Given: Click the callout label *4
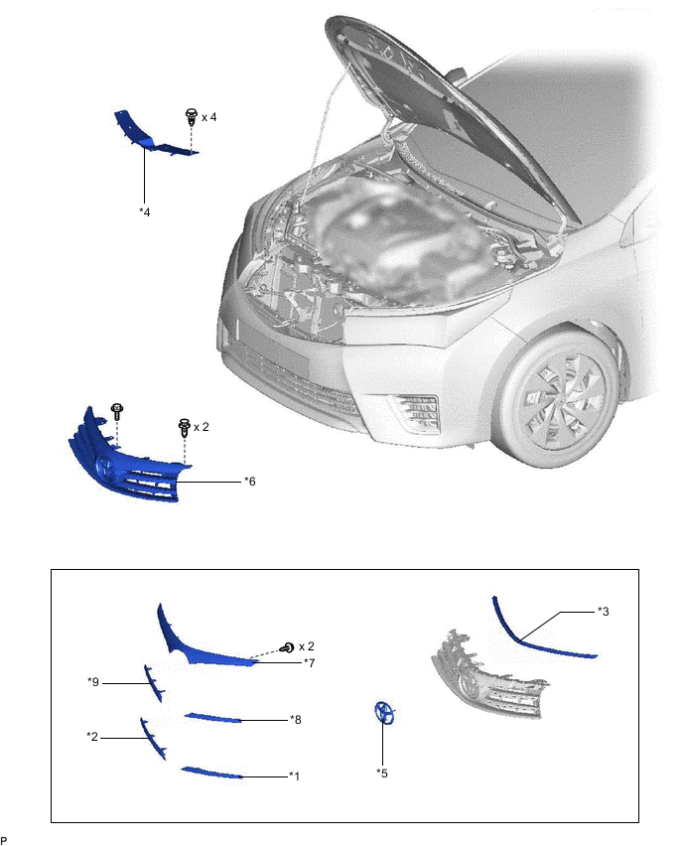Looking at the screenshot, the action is pyautogui.click(x=145, y=212).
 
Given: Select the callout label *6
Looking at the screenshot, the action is pyautogui.click(x=250, y=482).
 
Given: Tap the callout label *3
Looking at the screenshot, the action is pyautogui.click(x=604, y=612).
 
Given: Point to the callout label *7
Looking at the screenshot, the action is pyautogui.click(x=309, y=662).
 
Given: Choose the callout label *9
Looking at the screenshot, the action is pyautogui.click(x=93, y=682).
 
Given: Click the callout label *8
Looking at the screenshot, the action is pyautogui.click(x=295, y=719).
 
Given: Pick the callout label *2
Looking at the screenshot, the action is pyautogui.click(x=92, y=737).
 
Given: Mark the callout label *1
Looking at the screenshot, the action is pyautogui.click(x=294, y=775).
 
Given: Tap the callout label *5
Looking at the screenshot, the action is pyautogui.click(x=382, y=774).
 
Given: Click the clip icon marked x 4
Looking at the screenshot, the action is pyautogui.click(x=191, y=116).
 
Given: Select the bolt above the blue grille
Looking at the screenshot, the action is pyautogui.click(x=117, y=412).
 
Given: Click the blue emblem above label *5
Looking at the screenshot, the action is pyautogui.click(x=384, y=713).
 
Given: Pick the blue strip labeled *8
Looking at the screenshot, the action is pyautogui.click(x=212, y=718).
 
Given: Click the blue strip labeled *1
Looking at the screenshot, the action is pyautogui.click(x=211, y=773).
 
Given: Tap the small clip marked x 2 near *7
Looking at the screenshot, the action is pyautogui.click(x=288, y=646).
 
